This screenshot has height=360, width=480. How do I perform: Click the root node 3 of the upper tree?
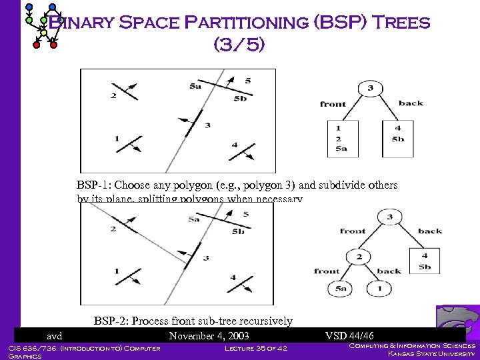point(370,89)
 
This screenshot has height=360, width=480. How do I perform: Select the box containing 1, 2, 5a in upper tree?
point(342,139)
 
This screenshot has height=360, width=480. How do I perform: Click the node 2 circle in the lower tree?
point(359,257)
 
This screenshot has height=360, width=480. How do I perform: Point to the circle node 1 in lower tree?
point(379,288)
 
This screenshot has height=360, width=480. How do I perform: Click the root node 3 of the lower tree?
point(390,217)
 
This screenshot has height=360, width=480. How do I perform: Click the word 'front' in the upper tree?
point(333,104)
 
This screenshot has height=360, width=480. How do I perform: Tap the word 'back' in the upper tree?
point(411,103)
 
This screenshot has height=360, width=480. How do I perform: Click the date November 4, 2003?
point(209,336)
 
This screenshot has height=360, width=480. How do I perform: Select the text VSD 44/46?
point(349,336)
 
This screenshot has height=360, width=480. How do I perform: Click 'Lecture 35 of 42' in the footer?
point(256,348)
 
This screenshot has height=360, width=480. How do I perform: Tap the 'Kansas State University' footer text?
point(432,354)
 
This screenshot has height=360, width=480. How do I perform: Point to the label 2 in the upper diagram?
point(113,95)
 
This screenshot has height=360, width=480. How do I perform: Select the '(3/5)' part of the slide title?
point(239,45)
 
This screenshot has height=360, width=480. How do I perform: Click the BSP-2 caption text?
point(193,321)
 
